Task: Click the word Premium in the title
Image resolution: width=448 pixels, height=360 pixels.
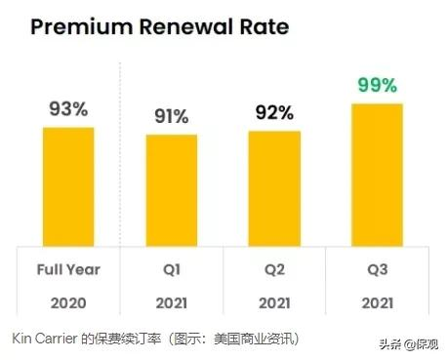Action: [x=79, y=25]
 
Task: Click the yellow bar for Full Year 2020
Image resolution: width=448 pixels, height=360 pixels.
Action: [x=68, y=185]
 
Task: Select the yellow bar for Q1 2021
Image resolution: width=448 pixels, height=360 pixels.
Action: [x=171, y=189]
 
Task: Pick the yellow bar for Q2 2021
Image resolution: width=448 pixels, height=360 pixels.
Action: [x=273, y=187]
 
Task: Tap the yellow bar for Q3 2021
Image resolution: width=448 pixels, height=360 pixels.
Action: [x=376, y=174]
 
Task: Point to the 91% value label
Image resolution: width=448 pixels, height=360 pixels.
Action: [x=171, y=117]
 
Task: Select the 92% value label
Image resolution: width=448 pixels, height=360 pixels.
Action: [x=273, y=113]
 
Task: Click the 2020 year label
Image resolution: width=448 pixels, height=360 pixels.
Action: [x=68, y=302]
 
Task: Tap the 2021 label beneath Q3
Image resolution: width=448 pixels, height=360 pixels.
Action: [x=376, y=302]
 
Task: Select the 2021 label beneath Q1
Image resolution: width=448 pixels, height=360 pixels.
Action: [x=171, y=302]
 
